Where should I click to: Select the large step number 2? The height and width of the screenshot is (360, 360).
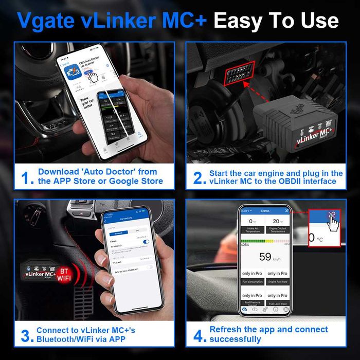click(198, 177)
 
